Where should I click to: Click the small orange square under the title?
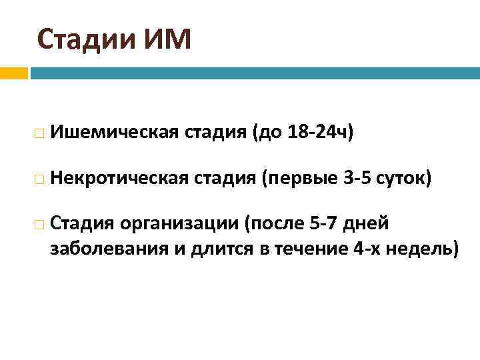click(13, 73)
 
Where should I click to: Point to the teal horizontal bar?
click(253, 73)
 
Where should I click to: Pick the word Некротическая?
click(119, 178)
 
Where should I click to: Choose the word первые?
click(293, 178)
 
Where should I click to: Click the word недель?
click(423, 249)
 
